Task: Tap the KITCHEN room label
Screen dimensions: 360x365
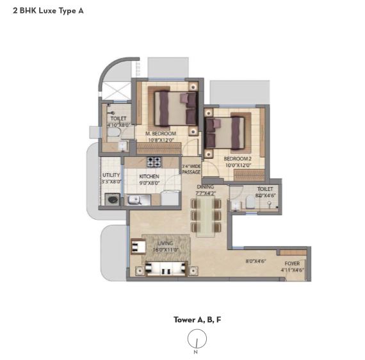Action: coord(149,176)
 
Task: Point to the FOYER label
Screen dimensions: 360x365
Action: coord(291,263)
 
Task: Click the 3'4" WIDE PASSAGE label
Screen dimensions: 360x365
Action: coord(191,169)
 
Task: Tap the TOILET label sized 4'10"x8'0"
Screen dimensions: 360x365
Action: coord(118,119)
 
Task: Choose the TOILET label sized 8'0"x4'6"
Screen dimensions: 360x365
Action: coord(265,190)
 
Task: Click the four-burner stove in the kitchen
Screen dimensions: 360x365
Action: coord(154,163)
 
